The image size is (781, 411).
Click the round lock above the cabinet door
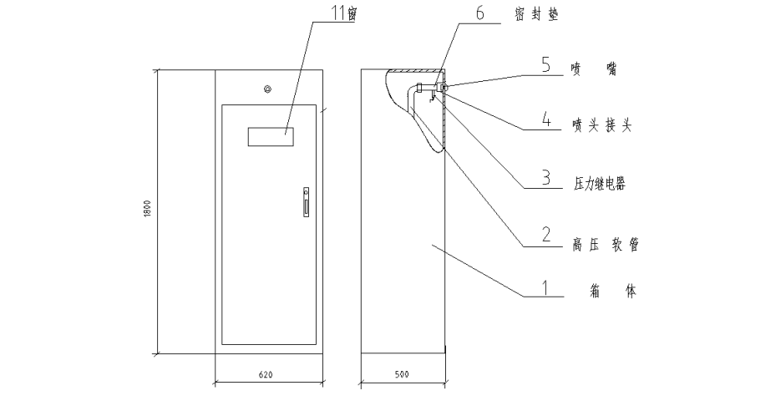point(267,89)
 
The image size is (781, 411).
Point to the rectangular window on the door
point(272,135)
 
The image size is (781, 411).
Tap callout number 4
point(545,122)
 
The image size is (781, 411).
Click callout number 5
point(545,66)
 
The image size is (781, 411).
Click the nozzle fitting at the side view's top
point(442,87)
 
